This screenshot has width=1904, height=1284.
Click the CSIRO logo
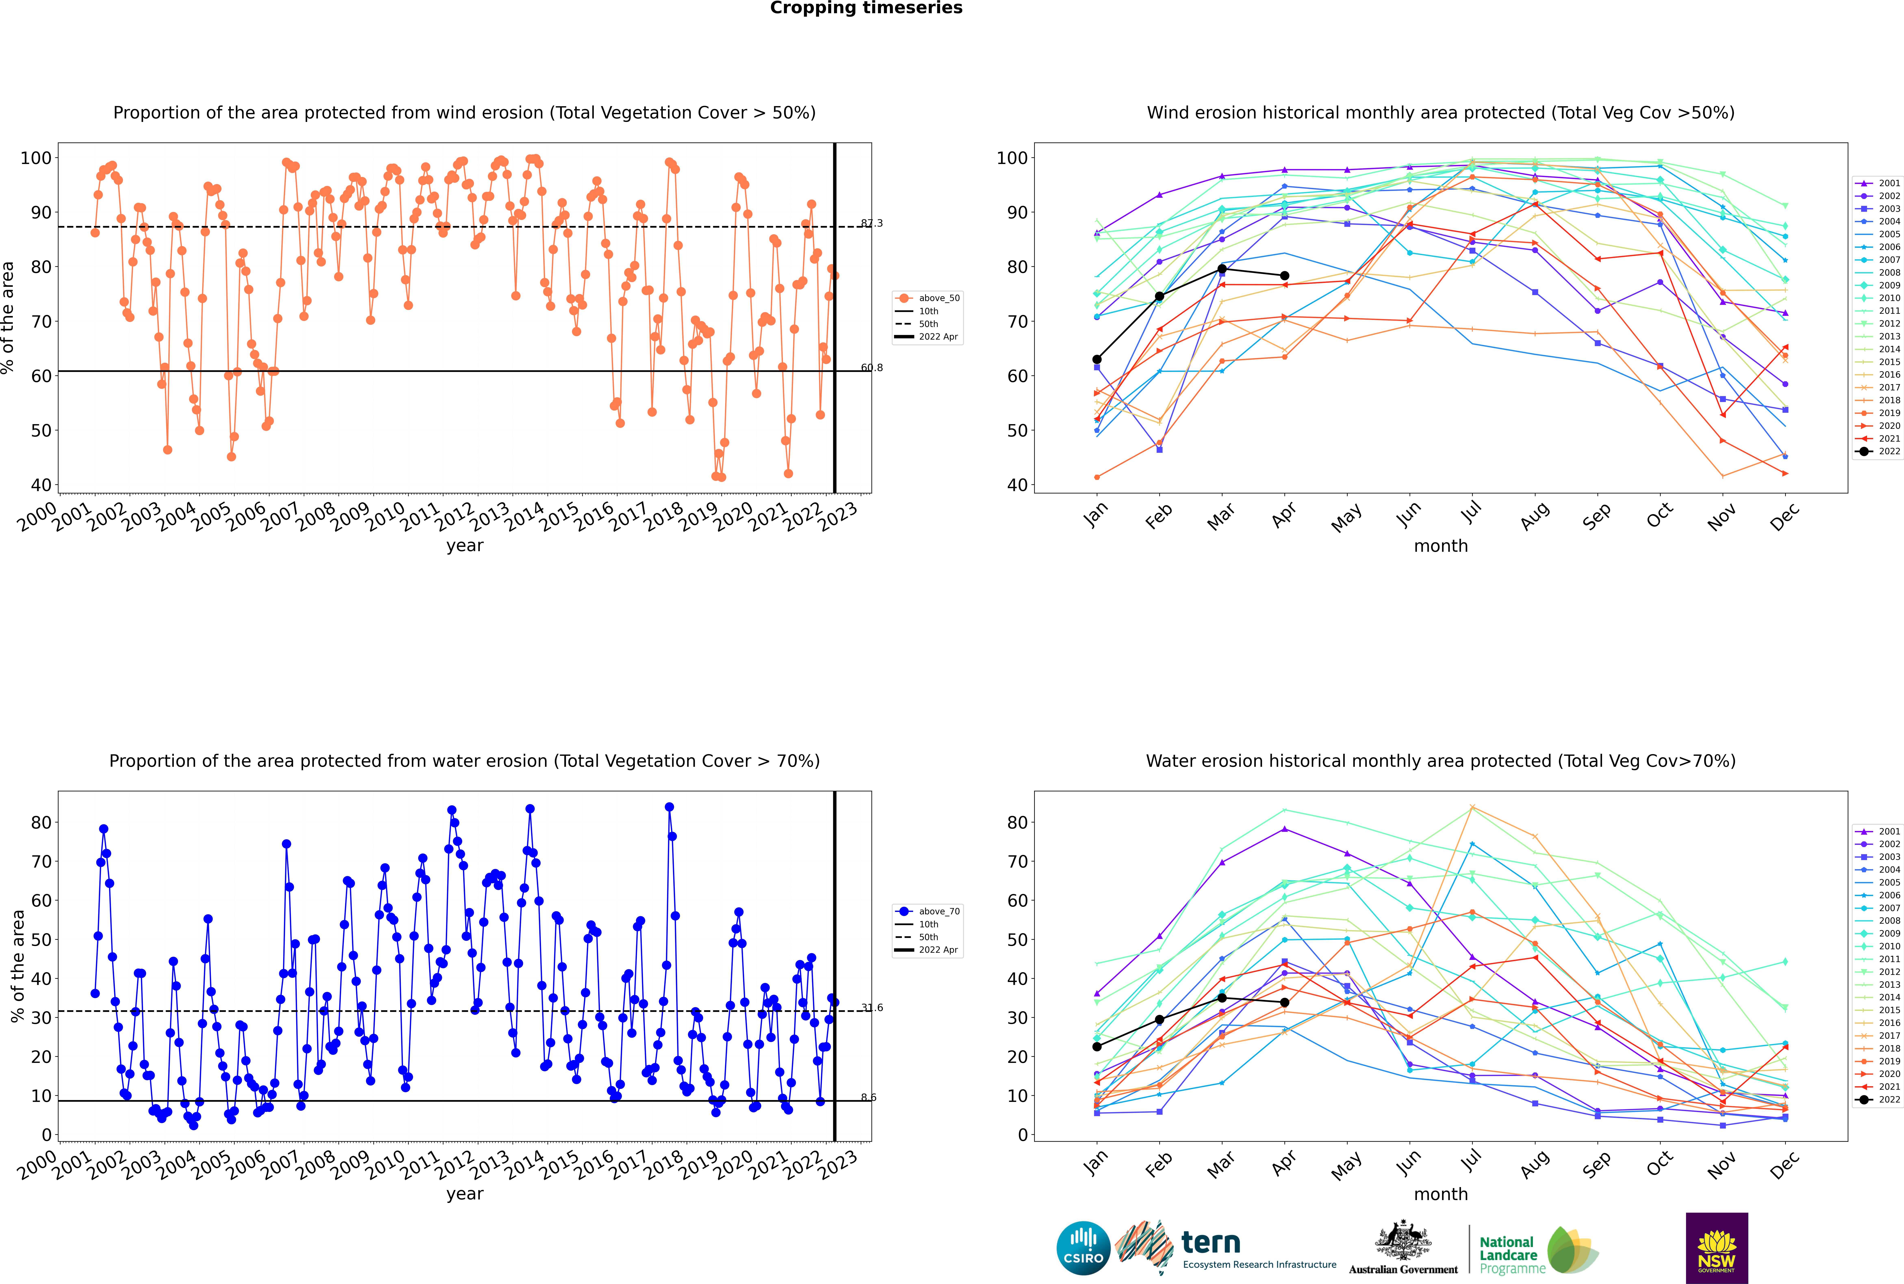tap(1083, 1248)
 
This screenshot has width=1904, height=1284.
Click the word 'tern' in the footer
tap(1211, 1243)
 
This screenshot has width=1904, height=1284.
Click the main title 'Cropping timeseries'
tap(866, 8)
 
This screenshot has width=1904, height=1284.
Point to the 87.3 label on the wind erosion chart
tap(872, 223)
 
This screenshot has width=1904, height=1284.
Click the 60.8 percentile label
tap(872, 368)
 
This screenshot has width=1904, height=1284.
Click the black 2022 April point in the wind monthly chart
tap(1284, 276)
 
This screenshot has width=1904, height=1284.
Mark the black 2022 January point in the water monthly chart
tap(1097, 1046)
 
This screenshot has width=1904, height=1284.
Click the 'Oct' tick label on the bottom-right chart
tap(1659, 1163)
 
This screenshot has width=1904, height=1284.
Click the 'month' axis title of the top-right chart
tap(1441, 546)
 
